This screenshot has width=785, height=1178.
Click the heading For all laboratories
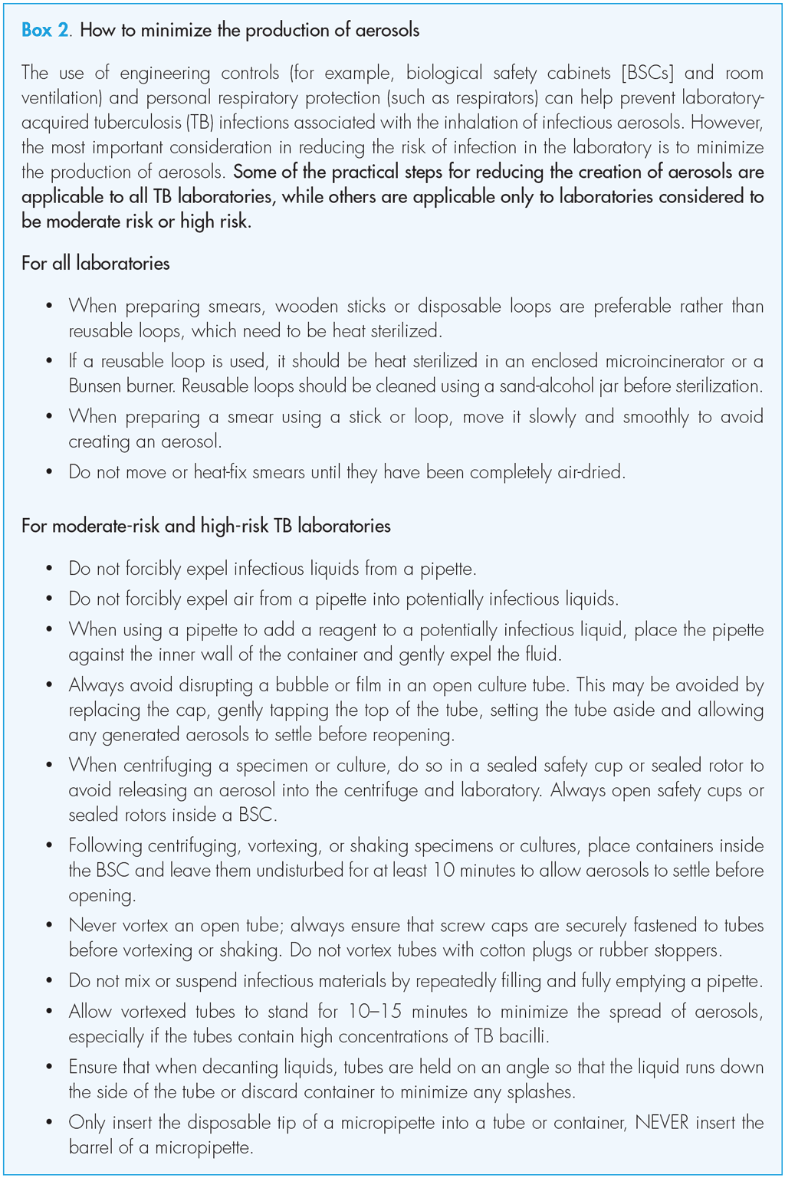click(x=96, y=264)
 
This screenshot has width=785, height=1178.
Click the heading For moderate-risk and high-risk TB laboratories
click(x=206, y=527)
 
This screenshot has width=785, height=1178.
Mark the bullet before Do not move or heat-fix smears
click(x=50, y=472)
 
